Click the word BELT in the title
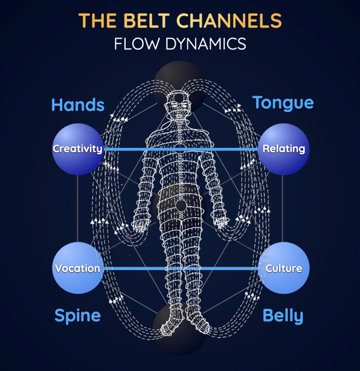click(146, 21)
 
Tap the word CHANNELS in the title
click(229, 21)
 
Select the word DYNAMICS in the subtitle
click(205, 44)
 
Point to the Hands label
click(78, 105)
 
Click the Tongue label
click(283, 103)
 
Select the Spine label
click(77, 316)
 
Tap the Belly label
click(283, 316)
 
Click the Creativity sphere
click(78, 149)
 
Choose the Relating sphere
click(283, 149)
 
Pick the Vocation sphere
click(78, 268)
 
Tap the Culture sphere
click(283, 268)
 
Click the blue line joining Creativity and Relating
click(181, 149)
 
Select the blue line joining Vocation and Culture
click(181, 268)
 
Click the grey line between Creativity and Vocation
click(77, 208)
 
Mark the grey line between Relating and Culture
click(283, 208)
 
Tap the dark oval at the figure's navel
click(181, 205)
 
